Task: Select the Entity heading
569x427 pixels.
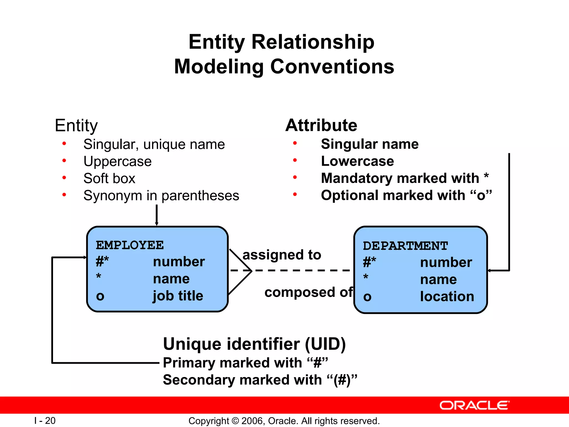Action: [x=76, y=126]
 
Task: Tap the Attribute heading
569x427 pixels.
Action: [x=321, y=125]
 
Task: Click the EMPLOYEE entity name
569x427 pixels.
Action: [x=130, y=245]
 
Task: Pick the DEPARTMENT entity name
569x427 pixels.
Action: [x=405, y=246]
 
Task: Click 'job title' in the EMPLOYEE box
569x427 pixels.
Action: [x=178, y=296]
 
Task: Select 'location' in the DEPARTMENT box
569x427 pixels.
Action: [x=447, y=297]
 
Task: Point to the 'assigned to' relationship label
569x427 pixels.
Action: [x=282, y=255]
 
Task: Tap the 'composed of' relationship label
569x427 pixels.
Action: [x=308, y=292]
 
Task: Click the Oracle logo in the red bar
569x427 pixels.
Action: [x=474, y=405]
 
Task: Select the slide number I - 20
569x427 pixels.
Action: [x=45, y=421]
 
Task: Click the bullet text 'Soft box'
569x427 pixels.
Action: [x=109, y=178]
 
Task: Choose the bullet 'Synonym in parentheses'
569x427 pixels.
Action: [x=161, y=196]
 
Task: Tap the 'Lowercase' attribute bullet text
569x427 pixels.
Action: [x=357, y=161]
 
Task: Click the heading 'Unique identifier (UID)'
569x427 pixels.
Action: [x=254, y=344]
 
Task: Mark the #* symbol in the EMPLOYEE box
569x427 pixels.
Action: [x=102, y=262]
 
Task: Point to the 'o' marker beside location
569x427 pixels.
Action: [x=367, y=297]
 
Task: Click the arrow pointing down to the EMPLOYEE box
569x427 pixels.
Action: [x=156, y=215]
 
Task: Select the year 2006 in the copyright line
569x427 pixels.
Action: [x=253, y=421]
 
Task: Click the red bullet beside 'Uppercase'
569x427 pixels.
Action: [x=64, y=161]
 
